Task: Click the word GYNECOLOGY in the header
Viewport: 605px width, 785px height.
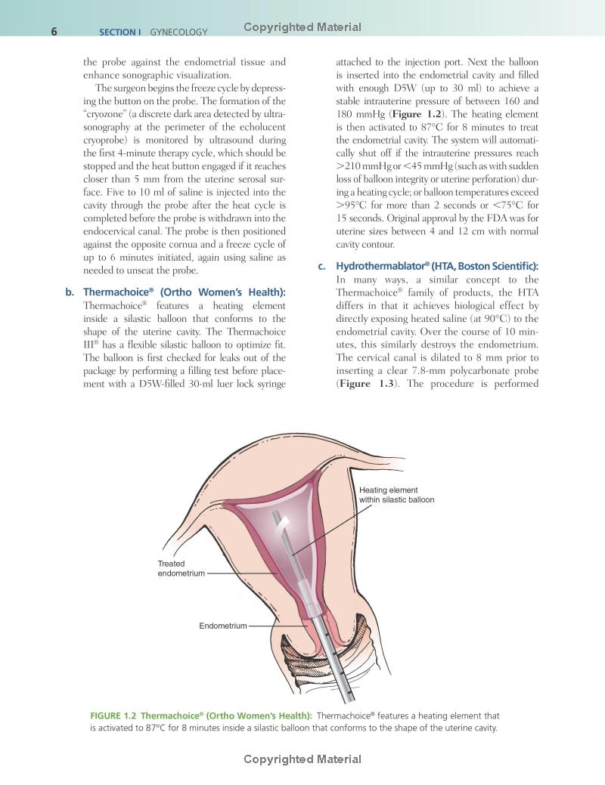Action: pos(178,32)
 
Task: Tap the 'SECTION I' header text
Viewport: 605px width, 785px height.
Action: pos(122,32)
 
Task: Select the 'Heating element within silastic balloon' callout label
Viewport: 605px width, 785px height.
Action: pos(396,495)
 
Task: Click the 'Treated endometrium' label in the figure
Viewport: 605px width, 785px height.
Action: pos(181,569)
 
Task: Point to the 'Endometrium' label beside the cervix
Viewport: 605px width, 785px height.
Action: pos(222,626)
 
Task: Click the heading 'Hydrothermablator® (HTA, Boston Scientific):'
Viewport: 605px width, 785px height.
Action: pos(432,266)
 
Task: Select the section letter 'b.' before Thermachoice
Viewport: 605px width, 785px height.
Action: pos(70,292)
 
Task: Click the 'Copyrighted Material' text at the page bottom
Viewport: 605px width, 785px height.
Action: pos(302,759)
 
